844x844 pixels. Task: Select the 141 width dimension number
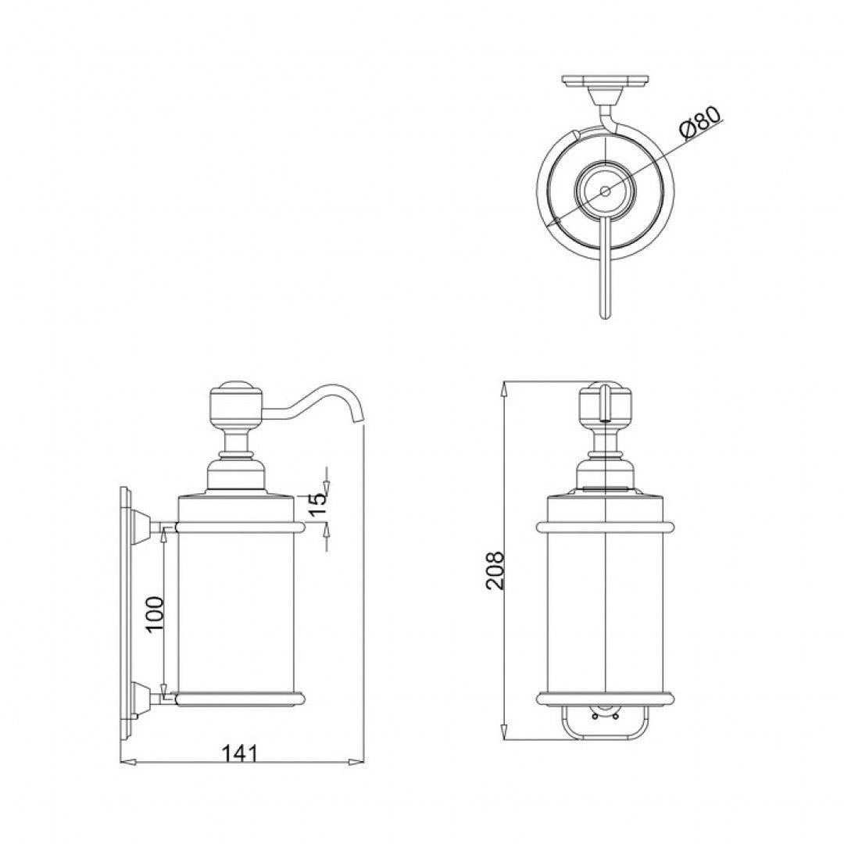pos(241,753)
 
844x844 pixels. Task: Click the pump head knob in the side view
pos(233,405)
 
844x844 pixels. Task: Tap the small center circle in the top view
pos(605,190)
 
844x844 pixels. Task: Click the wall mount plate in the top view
pos(605,80)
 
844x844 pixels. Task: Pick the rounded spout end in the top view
pos(604,313)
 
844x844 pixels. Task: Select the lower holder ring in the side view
pos(238,697)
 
